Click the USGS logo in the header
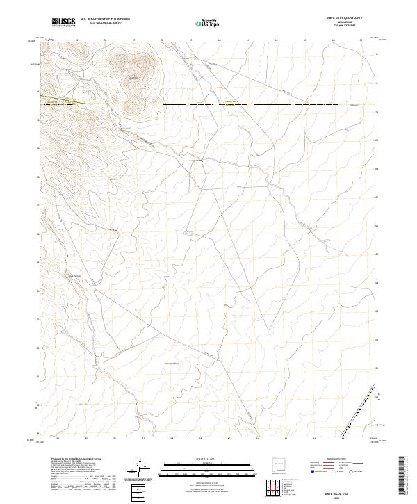63,22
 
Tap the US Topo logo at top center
204,23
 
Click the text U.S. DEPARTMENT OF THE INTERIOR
105,19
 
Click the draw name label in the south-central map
172,363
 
